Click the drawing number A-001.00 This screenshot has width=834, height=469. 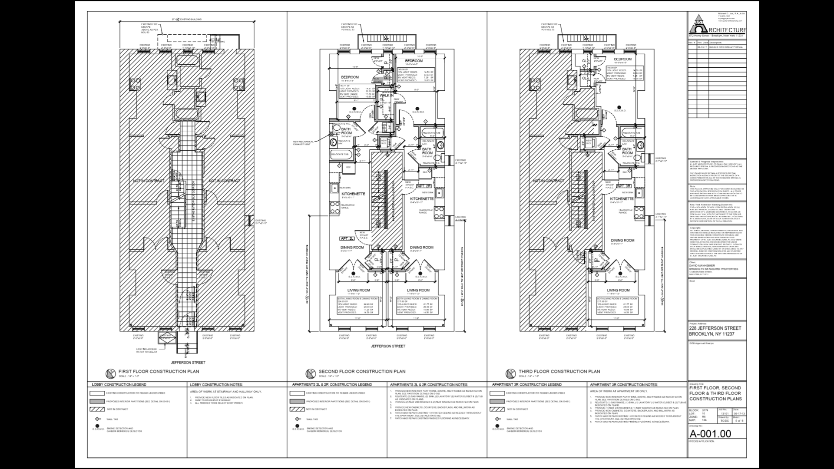click(710, 433)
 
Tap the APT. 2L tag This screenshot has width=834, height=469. click(348, 238)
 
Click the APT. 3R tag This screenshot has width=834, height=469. click(624, 185)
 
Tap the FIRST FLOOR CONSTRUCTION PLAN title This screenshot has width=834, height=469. click(159, 371)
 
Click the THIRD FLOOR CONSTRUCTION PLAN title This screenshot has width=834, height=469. click(559, 371)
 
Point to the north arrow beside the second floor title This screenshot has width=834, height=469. click(311, 373)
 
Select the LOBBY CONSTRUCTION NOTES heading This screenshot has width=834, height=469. click(216, 385)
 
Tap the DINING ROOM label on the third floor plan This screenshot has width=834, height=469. click(622, 240)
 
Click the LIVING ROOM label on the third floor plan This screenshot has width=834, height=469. click(618, 290)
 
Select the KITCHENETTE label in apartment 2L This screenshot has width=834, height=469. click(353, 194)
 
